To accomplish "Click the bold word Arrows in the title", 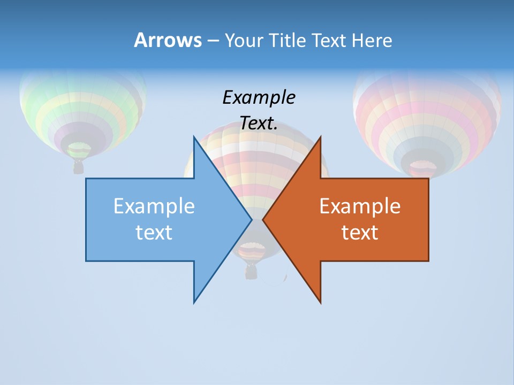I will [168, 40].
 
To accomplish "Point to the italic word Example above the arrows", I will [259, 98].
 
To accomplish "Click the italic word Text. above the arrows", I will [259, 124].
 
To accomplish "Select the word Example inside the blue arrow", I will [154, 206].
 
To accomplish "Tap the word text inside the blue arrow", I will [154, 233].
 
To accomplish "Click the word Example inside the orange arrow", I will [360, 206].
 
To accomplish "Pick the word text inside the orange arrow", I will [360, 233].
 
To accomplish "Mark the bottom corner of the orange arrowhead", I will [320, 302].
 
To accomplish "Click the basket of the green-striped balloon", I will [79, 167].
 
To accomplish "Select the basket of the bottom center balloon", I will [251, 272].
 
